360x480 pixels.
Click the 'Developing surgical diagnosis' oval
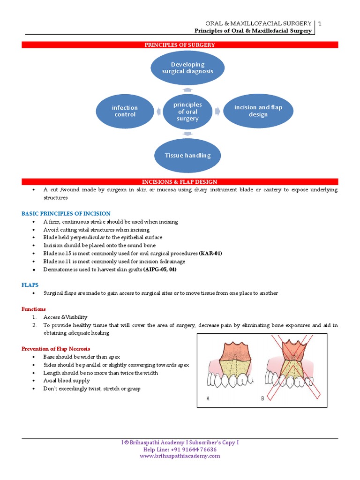point(187,68)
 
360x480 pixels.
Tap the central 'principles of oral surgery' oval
point(187,112)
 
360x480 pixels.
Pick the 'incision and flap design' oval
point(258,111)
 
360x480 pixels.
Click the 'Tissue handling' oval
point(187,156)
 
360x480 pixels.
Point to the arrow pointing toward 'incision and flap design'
point(217,111)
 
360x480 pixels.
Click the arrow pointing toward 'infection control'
point(158,112)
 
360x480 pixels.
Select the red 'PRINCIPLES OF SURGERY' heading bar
point(180,45)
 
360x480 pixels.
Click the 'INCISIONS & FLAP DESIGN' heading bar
point(180,182)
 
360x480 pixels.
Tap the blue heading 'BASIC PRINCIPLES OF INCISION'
point(66,214)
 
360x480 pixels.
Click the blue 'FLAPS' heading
point(30,285)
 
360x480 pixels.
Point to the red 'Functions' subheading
point(34,309)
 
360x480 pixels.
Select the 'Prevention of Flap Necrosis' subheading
point(56,349)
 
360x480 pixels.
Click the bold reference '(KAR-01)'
point(210,254)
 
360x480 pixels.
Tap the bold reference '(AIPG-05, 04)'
point(160,270)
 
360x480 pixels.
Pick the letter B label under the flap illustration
point(262,398)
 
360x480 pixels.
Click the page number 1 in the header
point(319,23)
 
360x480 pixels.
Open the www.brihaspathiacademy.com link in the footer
point(180,456)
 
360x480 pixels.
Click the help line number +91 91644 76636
point(193,450)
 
